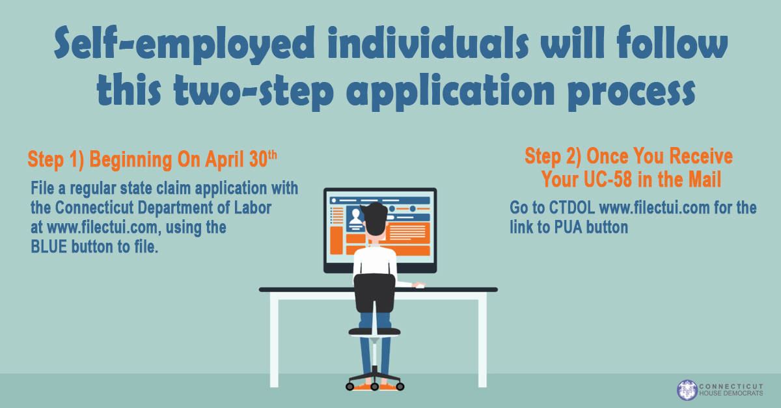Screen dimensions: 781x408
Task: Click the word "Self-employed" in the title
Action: click(x=184, y=45)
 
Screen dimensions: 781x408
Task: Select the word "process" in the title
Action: click(x=631, y=92)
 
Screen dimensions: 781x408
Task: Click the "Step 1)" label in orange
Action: click(x=56, y=160)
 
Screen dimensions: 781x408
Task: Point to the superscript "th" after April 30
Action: click(x=272, y=155)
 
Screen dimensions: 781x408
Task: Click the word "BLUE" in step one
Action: click(x=49, y=247)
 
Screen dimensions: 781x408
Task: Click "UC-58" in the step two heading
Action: click(x=608, y=179)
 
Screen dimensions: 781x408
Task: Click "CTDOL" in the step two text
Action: click(x=572, y=208)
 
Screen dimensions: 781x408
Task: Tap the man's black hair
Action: click(x=374, y=218)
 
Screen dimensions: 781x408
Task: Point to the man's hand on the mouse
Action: click(x=418, y=285)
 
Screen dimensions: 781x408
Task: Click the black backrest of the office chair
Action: click(x=375, y=293)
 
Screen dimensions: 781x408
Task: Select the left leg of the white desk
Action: click(x=275, y=340)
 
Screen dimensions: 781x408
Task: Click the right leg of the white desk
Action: click(x=482, y=340)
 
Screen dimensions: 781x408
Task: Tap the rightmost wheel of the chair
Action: click(x=400, y=387)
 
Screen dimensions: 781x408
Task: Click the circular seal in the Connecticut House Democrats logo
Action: click(x=687, y=390)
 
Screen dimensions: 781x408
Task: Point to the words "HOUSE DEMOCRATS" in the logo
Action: click(x=731, y=393)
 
